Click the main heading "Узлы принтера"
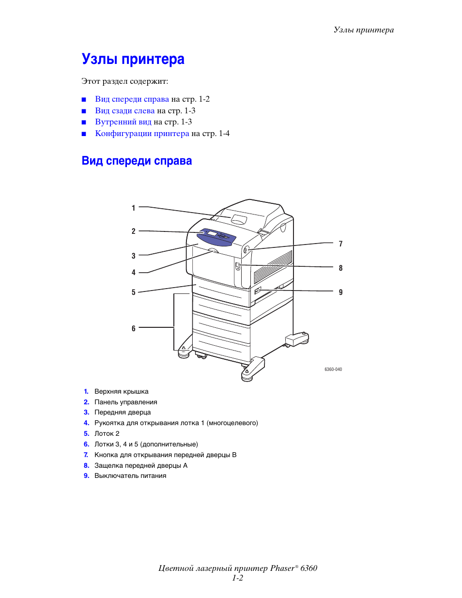(x=133, y=59)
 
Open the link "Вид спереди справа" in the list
(x=132, y=99)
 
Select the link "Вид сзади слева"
(x=124, y=111)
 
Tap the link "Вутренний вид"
(x=123, y=122)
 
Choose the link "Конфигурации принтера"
(x=142, y=134)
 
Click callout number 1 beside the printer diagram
(x=134, y=208)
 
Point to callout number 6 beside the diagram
(x=134, y=329)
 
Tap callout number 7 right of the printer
(x=340, y=244)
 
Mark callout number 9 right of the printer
(x=340, y=292)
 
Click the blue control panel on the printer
(x=217, y=236)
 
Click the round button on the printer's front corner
(x=246, y=250)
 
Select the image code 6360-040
(x=333, y=369)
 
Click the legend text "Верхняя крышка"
(x=121, y=392)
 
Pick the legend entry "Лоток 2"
(x=107, y=434)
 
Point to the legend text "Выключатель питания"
(x=130, y=476)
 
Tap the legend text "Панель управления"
(x=125, y=402)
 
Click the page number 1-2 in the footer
(x=237, y=578)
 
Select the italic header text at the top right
(x=363, y=30)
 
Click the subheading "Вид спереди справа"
(x=137, y=161)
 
